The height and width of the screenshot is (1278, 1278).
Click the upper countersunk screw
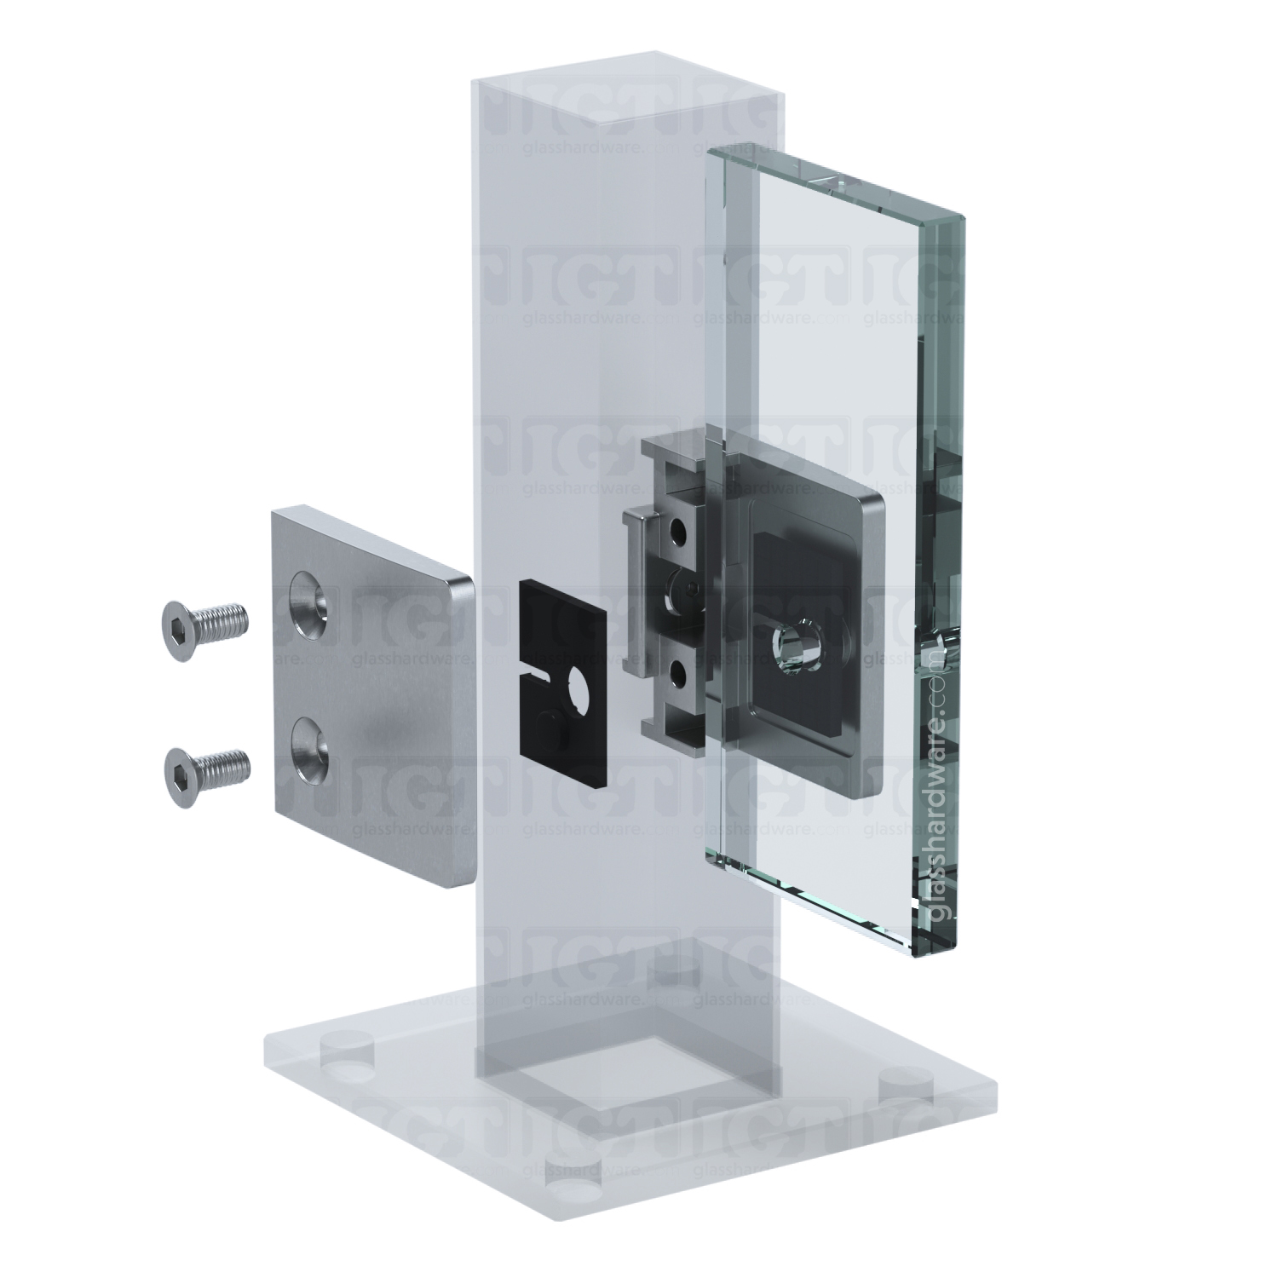[x=204, y=619]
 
